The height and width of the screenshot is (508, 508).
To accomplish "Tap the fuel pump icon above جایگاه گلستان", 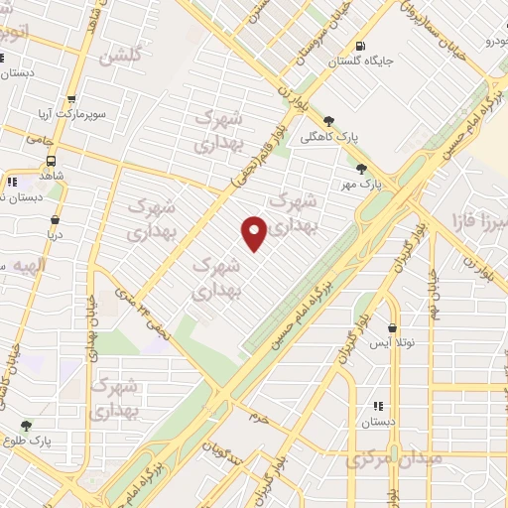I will tap(359, 45).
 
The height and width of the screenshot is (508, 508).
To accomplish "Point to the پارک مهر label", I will tap(363, 185).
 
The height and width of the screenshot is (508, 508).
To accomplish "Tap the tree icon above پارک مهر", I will tap(362, 169).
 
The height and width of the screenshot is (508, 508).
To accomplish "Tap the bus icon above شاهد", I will tap(51, 160).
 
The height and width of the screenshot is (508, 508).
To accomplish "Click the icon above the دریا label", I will tap(55, 220).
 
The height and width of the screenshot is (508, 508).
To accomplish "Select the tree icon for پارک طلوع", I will tap(27, 425).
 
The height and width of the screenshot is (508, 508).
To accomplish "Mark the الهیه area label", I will tap(25, 267).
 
